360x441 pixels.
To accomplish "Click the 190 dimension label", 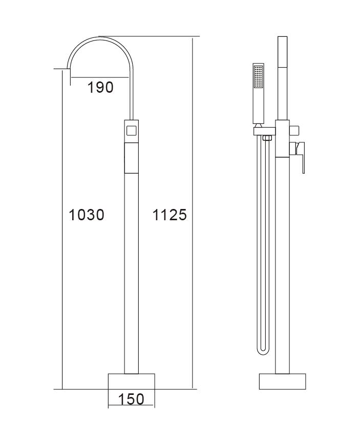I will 100,87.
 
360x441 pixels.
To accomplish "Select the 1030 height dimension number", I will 87,215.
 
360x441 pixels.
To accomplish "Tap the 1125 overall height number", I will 170,215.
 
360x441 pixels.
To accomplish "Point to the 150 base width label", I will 131,398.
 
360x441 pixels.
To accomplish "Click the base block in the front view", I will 131,382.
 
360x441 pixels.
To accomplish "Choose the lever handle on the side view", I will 302,156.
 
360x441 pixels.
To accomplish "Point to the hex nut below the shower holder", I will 266,137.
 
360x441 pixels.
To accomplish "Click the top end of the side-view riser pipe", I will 282,38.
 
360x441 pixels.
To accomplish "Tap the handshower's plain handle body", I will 259,108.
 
